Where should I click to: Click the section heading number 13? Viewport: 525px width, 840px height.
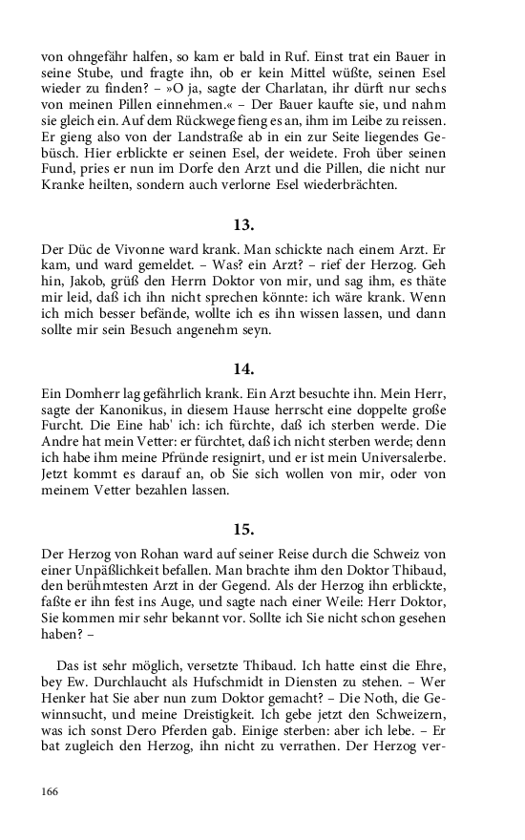(243, 225)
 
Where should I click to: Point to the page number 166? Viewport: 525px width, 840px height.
(51, 791)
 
